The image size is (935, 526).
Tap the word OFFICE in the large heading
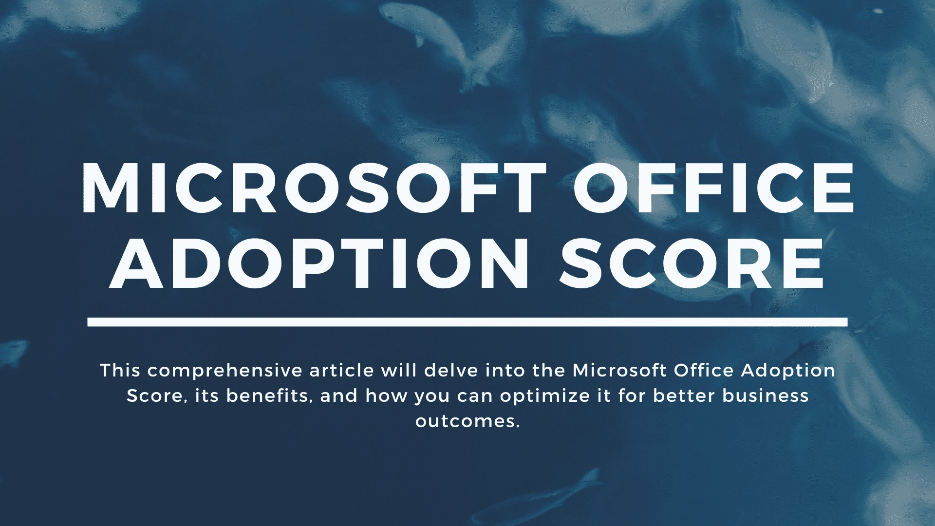click(x=713, y=188)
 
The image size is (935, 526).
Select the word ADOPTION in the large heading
click(x=319, y=263)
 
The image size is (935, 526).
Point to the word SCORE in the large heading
click(x=692, y=263)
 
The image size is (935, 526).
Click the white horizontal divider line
click(x=467, y=322)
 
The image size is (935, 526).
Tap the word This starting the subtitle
click(x=120, y=371)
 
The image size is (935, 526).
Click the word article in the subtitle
click(x=341, y=371)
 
